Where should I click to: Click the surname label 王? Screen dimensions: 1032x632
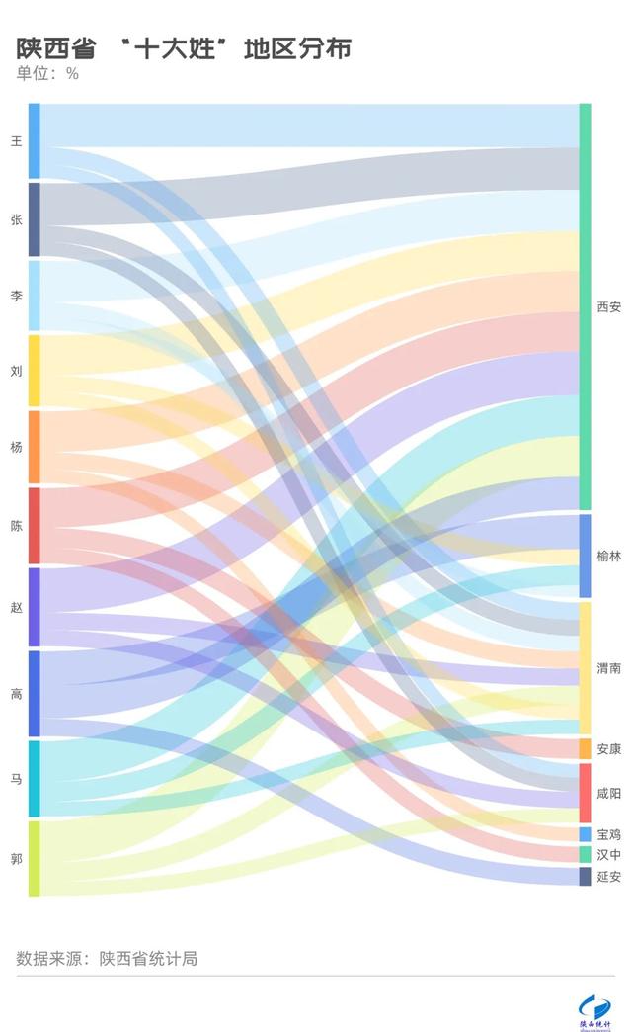tap(16, 141)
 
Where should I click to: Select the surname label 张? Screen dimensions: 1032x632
tap(16, 220)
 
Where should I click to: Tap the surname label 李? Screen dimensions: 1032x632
tap(16, 296)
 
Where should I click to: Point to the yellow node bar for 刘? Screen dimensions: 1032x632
tap(35, 371)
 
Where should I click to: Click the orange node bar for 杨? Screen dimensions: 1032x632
tap(35, 447)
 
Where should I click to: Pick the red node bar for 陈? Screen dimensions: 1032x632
tap(35, 526)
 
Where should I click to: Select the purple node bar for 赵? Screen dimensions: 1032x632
tap(35, 607)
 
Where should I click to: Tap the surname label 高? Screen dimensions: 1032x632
tap(16, 694)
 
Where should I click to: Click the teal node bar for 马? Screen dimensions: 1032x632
tap(35, 778)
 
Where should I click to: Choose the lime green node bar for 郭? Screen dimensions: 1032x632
tap(35, 858)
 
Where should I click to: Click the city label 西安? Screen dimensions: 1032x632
tap(609, 307)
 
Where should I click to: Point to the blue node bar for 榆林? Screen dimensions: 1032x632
tap(585, 556)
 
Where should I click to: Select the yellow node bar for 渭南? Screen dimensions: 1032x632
tap(585, 668)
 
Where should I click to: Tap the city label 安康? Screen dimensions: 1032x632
tap(609, 749)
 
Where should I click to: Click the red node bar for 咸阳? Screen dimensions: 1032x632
tap(585, 793)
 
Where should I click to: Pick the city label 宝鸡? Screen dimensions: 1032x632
tap(609, 835)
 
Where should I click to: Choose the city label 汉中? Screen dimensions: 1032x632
tap(609, 855)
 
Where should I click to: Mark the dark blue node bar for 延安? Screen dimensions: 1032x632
tap(585, 877)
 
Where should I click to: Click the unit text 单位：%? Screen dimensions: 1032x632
tap(47, 74)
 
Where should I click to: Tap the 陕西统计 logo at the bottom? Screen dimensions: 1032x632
tap(594, 1008)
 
